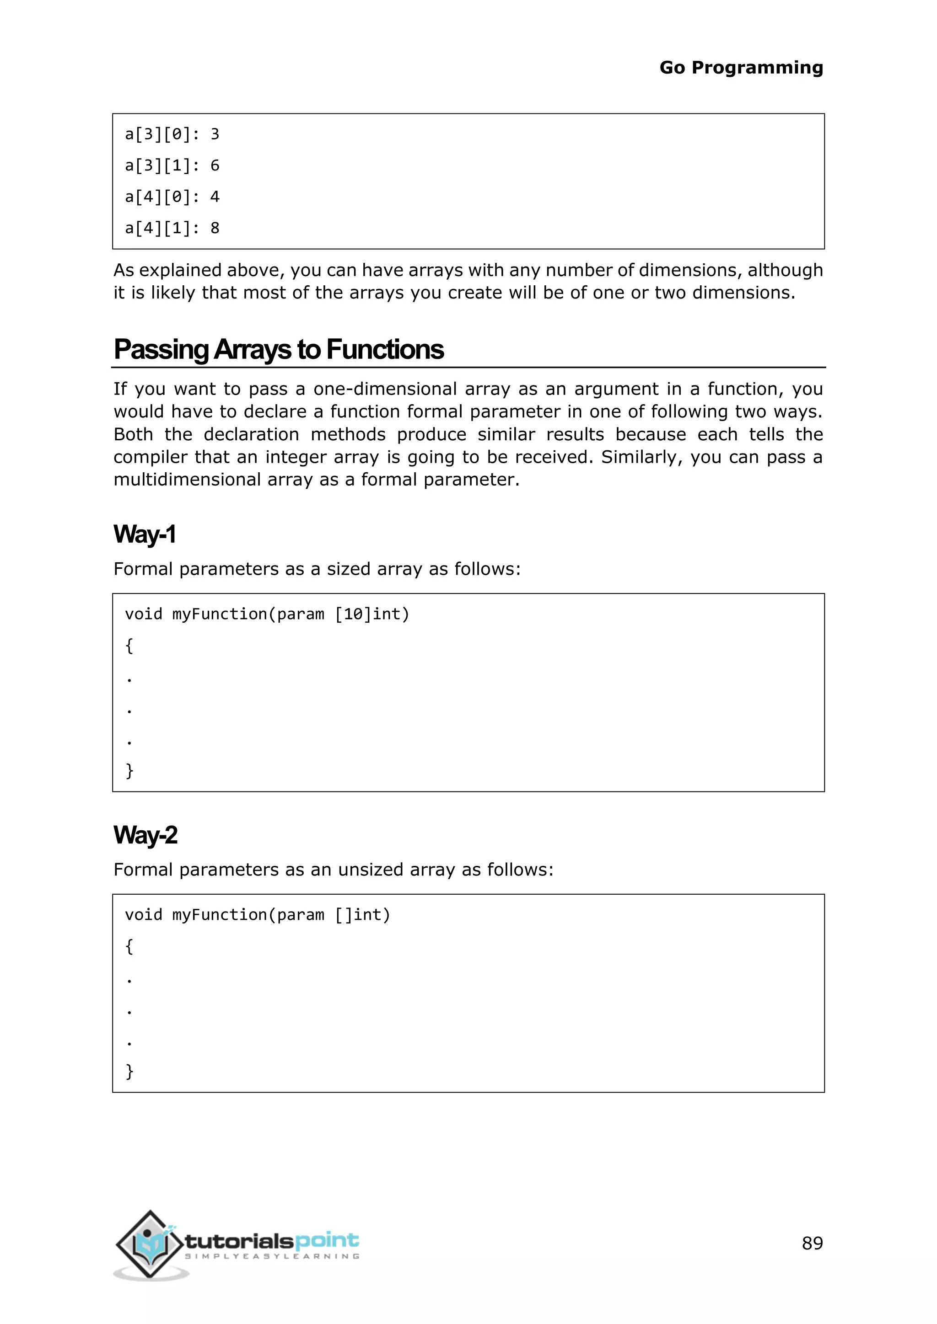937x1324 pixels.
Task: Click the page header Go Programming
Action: [741, 68]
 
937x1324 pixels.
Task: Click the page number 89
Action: [812, 1243]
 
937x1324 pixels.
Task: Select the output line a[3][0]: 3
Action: [172, 134]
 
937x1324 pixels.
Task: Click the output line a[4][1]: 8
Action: [172, 228]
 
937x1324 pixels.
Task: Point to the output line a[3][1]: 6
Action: [172, 166]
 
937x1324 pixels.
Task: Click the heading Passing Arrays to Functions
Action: [279, 349]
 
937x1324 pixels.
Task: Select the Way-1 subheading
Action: [144, 534]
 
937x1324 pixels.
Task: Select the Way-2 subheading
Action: [145, 835]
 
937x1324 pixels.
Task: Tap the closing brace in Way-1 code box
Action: [129, 770]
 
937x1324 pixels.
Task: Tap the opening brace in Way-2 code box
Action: [129, 946]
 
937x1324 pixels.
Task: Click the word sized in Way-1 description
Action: [349, 569]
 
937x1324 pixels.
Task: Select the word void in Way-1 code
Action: [144, 614]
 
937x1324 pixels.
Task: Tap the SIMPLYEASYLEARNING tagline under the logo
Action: [272, 1256]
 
